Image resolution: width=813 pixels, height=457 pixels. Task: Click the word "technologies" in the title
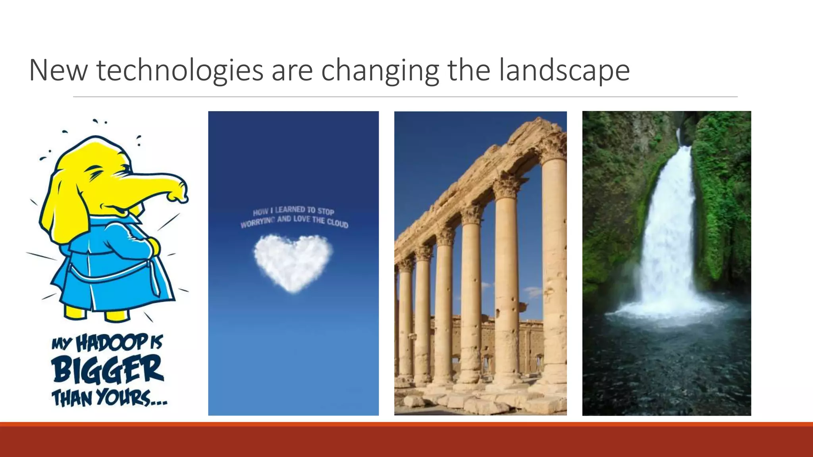point(180,71)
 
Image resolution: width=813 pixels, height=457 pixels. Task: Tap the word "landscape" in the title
point(564,71)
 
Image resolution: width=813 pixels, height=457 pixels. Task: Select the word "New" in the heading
point(58,71)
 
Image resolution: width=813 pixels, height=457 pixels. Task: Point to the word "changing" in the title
point(380,71)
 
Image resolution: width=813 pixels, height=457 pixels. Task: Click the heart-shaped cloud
point(293,262)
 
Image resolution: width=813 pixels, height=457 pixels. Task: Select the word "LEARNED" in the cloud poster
point(290,209)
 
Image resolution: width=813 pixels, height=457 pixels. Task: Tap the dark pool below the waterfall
point(667,365)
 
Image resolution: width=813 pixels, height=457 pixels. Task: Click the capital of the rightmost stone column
point(554,147)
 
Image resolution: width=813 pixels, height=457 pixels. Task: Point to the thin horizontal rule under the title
point(405,96)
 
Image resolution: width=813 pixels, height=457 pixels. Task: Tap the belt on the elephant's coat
point(111,274)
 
